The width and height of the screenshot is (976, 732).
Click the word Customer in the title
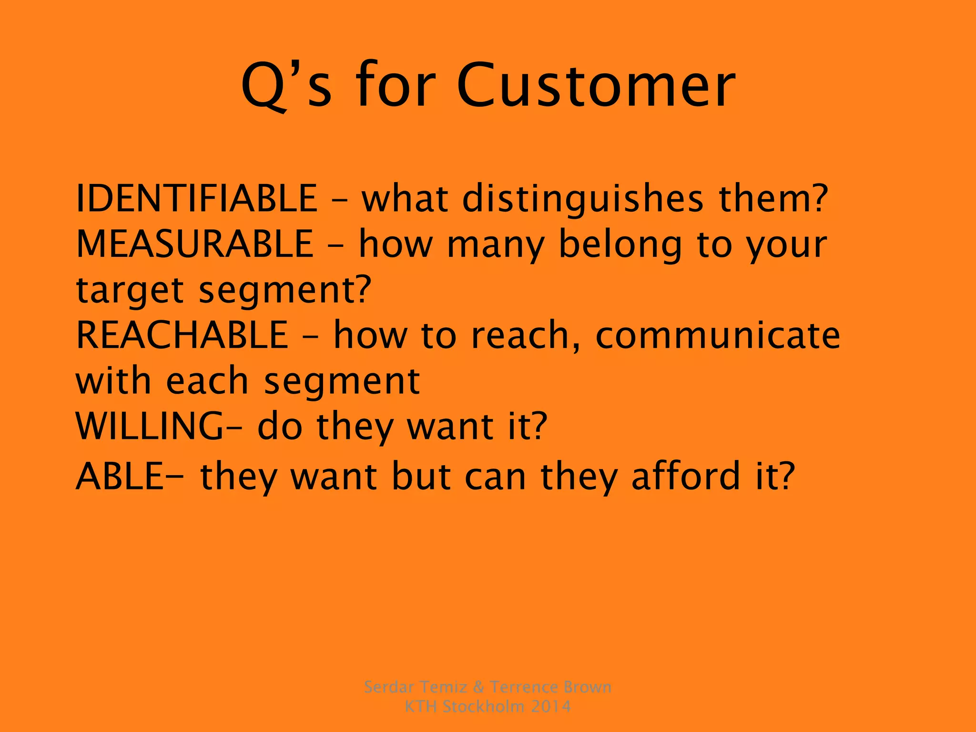click(x=596, y=86)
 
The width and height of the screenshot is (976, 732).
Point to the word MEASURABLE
click(x=194, y=244)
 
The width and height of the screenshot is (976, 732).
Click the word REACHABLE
click(x=182, y=335)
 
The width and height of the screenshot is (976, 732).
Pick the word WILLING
click(x=149, y=426)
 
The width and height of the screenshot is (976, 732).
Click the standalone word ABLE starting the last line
click(x=119, y=476)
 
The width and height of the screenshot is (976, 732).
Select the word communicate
click(x=718, y=335)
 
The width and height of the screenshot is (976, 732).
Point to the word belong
click(x=620, y=244)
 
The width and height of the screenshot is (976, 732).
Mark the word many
click(x=496, y=244)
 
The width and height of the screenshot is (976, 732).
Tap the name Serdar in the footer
click(x=388, y=687)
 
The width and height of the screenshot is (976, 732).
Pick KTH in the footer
click(x=421, y=706)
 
